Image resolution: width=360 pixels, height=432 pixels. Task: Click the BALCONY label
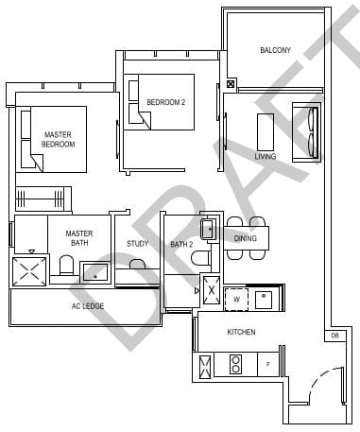click(x=276, y=50)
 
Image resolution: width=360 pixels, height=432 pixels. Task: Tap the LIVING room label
click(x=266, y=156)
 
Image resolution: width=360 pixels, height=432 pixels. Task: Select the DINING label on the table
click(x=246, y=238)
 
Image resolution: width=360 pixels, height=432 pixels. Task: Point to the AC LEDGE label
click(x=87, y=306)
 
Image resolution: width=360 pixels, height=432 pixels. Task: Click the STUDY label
click(x=138, y=244)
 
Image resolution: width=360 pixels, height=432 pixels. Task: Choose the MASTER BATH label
click(x=78, y=239)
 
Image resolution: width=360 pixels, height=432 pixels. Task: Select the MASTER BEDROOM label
click(x=59, y=140)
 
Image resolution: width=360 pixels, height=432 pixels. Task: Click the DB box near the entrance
click(x=335, y=335)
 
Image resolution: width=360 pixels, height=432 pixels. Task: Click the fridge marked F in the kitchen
click(x=269, y=363)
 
